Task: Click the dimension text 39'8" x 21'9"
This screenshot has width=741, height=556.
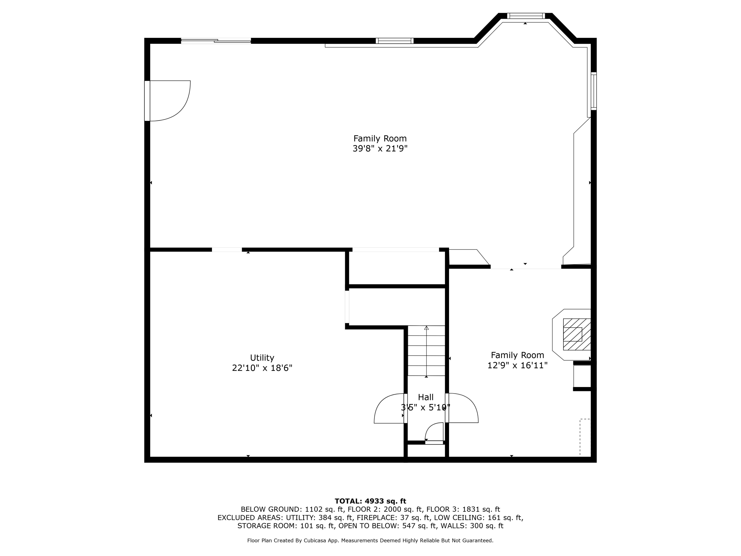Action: (x=380, y=149)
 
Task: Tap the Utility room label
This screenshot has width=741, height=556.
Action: (x=262, y=358)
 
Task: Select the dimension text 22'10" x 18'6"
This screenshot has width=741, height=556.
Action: (x=262, y=368)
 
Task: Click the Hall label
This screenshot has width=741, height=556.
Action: (x=425, y=397)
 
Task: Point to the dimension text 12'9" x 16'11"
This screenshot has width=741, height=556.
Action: (x=517, y=365)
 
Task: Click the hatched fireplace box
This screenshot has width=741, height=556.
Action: (x=576, y=334)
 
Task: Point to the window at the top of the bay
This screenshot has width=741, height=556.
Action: (x=526, y=16)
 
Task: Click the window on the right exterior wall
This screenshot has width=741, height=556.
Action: (x=593, y=91)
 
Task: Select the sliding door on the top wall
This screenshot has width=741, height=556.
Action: (x=216, y=41)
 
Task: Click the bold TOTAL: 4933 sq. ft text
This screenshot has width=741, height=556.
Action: (x=370, y=501)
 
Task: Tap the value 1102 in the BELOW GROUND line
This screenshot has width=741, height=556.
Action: (x=313, y=509)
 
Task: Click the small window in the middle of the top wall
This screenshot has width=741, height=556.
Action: (x=394, y=41)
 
